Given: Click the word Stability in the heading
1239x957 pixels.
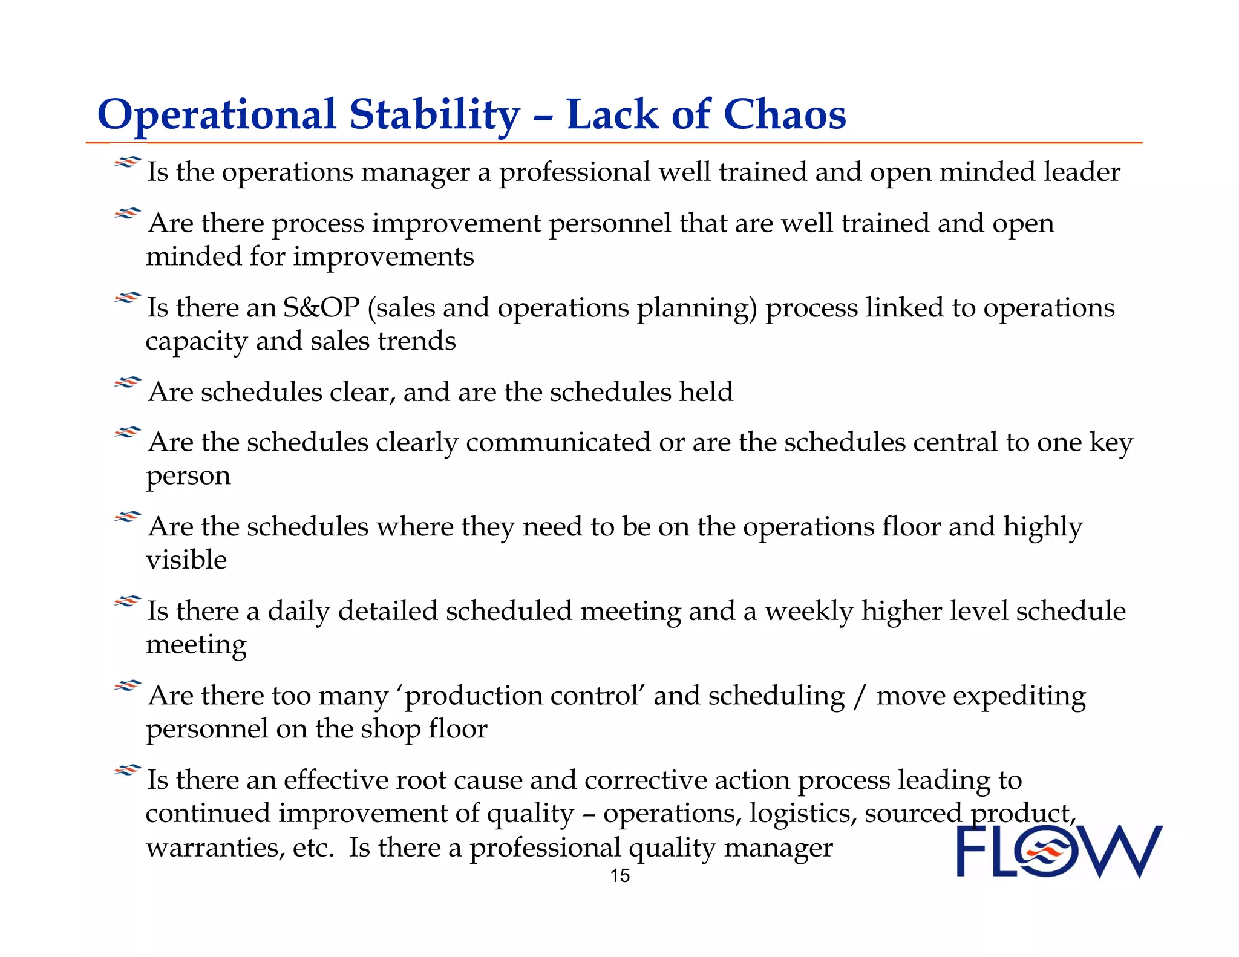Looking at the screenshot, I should pyautogui.click(x=434, y=114).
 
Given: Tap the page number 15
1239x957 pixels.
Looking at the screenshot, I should pyautogui.click(x=619, y=876).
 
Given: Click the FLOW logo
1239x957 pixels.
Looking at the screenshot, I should pyautogui.click(x=1059, y=851).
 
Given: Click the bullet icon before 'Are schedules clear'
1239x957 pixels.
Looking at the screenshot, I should pyautogui.click(x=128, y=382).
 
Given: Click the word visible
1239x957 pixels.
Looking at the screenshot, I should pyautogui.click(x=186, y=560).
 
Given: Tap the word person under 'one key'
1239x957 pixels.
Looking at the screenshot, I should pyautogui.click(x=188, y=476).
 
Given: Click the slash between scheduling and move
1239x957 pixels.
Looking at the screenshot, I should pyautogui.click(x=860, y=696).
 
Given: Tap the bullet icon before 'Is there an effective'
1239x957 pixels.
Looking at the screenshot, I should pyautogui.click(x=128, y=770).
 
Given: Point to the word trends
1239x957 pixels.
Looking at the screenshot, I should pyautogui.click(x=417, y=341).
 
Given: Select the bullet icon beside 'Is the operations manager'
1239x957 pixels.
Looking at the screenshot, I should pyautogui.click(x=128, y=162).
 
